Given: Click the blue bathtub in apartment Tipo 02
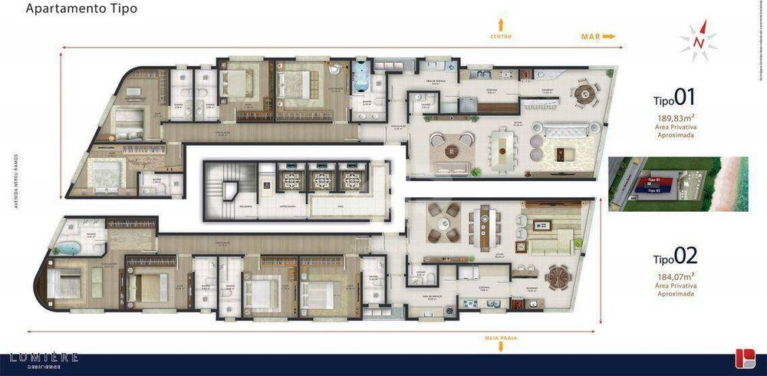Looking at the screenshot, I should click(x=68, y=249).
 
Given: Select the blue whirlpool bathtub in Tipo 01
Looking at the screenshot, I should click(x=361, y=79).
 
